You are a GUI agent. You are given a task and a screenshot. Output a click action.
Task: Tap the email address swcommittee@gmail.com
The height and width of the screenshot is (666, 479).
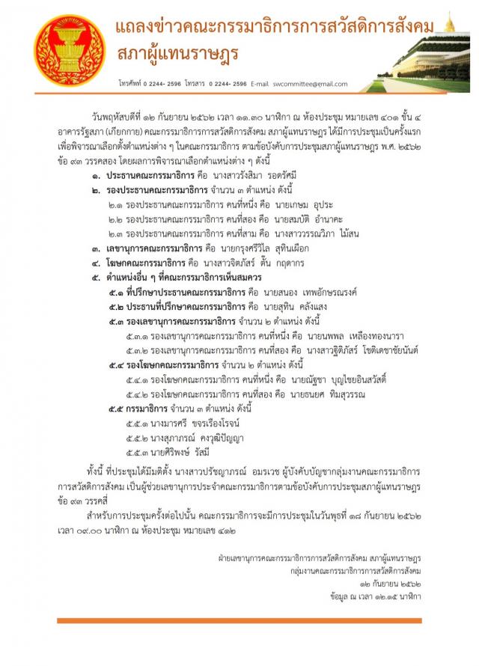[x=310, y=83]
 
